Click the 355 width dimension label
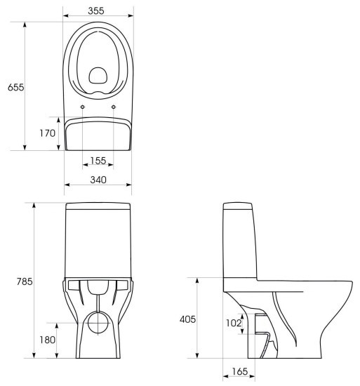[96, 11]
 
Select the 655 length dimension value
[16, 87]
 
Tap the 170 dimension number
[48, 133]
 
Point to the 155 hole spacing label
[98, 161]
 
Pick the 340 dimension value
[98, 180]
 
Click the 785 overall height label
[25, 281]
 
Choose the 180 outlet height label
[48, 340]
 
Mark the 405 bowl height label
[188, 319]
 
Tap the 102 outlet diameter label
[234, 323]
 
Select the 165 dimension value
[240, 371]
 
